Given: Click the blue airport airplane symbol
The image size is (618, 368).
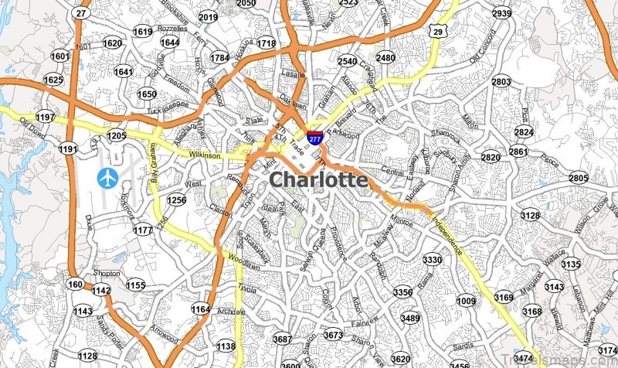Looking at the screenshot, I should click(107, 178).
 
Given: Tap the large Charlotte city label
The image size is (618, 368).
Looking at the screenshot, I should click(317, 180).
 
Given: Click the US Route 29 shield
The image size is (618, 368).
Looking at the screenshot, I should click(438, 32).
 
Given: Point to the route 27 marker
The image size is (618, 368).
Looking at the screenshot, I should click(81, 14).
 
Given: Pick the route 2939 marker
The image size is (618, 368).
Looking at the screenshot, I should click(502, 13).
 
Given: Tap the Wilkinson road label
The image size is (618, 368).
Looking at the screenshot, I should click(205, 155).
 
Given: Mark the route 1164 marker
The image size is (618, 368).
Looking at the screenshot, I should click(201, 309).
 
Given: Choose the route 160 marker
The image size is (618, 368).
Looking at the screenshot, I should click(75, 284).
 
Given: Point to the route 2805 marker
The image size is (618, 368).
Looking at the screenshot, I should click(578, 179).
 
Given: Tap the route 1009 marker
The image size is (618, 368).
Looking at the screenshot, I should click(467, 300).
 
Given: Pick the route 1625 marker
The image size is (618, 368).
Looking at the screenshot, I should click(53, 80).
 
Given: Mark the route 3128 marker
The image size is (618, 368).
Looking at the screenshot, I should click(531, 215).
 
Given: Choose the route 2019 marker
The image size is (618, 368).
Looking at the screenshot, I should click(208, 17).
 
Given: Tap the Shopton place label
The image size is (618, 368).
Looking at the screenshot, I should click(106, 274).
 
